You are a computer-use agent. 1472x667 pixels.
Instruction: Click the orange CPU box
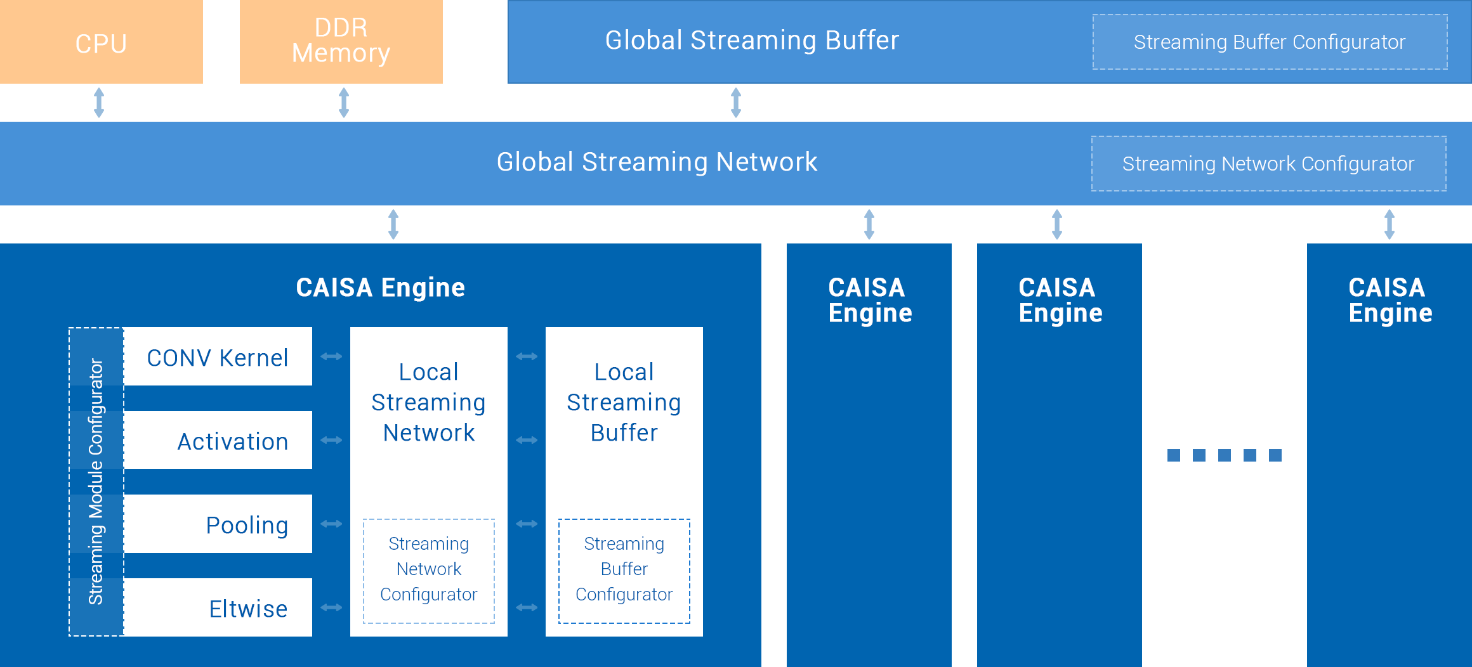point(102,42)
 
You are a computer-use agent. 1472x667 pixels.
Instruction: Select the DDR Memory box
point(341,42)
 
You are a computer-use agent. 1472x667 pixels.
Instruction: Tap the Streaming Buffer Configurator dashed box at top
point(1270,42)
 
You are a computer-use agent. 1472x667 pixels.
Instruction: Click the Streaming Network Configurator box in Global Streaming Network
point(1268,164)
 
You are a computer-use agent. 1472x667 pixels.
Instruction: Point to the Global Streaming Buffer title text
point(752,41)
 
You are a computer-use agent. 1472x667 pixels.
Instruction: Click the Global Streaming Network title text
point(657,162)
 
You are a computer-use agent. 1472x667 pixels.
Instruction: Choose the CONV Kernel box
point(218,357)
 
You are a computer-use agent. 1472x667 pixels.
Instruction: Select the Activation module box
point(218,441)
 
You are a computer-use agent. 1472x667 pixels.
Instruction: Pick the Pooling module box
point(218,524)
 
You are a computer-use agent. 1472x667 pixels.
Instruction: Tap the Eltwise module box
point(218,608)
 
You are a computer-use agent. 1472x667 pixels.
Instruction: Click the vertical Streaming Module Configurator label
point(96,482)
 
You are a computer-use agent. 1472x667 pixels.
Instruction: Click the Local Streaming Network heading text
point(429,402)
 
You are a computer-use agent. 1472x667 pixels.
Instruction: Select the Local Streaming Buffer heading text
point(624,402)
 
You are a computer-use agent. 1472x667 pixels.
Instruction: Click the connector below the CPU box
point(99,103)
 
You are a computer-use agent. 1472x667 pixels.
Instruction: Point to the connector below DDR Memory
point(344,103)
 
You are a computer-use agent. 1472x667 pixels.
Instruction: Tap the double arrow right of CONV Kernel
point(331,356)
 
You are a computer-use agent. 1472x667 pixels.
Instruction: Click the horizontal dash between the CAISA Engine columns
point(1224,455)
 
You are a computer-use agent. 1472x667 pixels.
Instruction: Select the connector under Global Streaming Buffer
point(736,103)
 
